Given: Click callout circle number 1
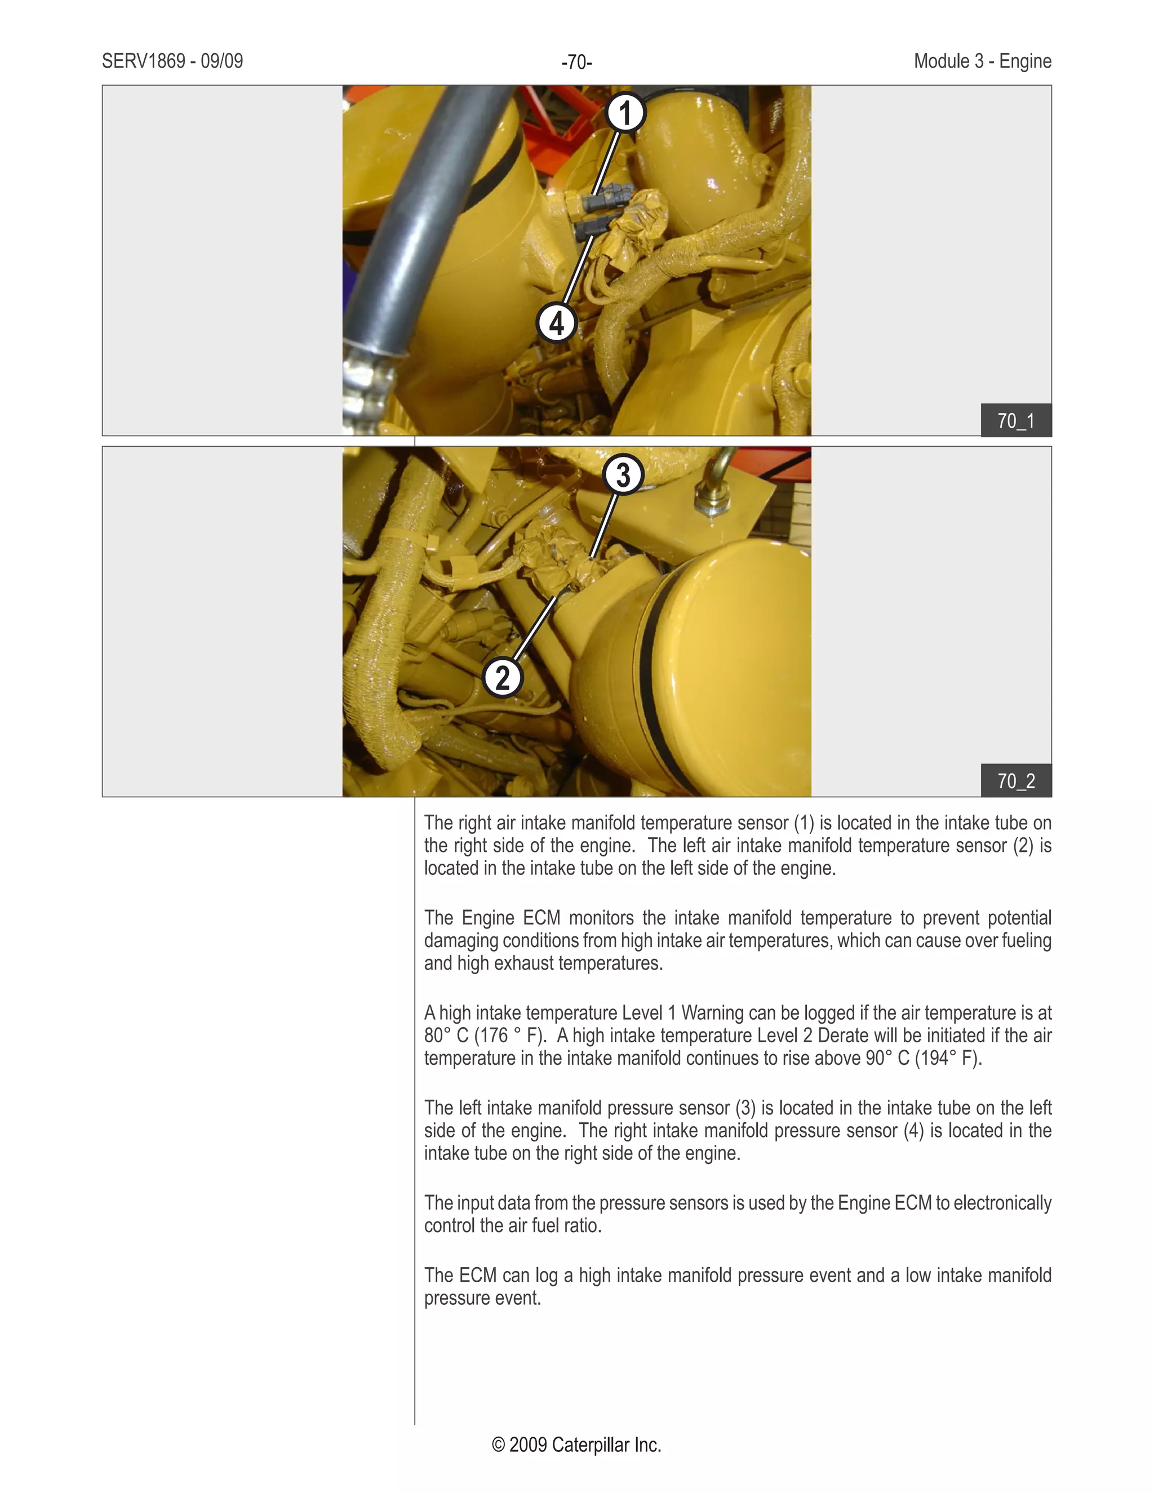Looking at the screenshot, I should (625, 113).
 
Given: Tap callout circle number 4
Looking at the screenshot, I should (557, 323).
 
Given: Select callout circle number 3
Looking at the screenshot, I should (623, 474).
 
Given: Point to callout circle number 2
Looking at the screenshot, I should (503, 677).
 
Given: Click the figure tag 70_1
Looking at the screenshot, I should (1016, 420).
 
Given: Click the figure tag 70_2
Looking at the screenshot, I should (1016, 781).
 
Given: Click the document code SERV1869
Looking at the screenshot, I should (144, 61).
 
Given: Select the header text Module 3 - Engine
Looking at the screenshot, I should (982, 61).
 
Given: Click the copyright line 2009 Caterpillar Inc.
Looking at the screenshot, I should (576, 1445).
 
